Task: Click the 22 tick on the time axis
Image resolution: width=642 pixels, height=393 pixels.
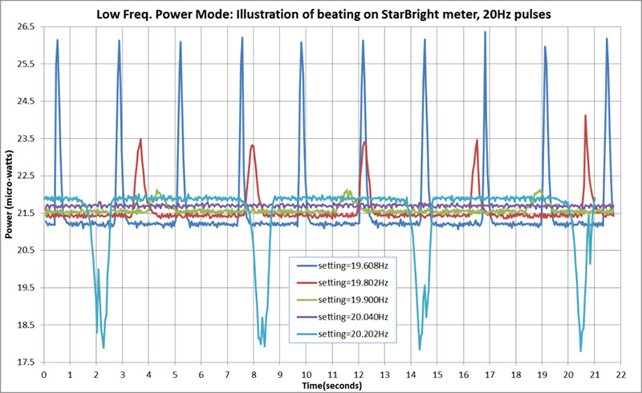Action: pyautogui.click(x=620, y=374)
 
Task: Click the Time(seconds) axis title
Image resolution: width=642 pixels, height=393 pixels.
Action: pyautogui.click(x=331, y=385)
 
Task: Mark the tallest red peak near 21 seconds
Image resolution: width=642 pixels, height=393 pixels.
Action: pyautogui.click(x=585, y=115)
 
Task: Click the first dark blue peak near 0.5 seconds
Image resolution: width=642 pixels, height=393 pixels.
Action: pyautogui.click(x=58, y=40)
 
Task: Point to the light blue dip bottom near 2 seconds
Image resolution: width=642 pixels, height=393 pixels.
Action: pyautogui.click(x=104, y=347)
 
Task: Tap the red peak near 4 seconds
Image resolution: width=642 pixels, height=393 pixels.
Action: pyautogui.click(x=140, y=140)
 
